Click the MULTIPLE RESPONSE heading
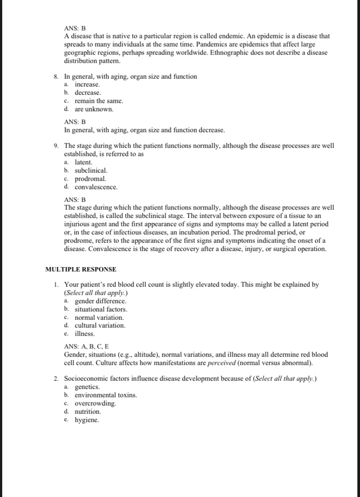pos(80,269)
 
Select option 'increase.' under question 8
pos(87,84)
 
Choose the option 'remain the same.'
pos(96,101)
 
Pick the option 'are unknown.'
pos(94,109)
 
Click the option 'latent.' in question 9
pos(83,162)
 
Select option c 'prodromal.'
pos(90,179)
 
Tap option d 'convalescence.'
pos(96,187)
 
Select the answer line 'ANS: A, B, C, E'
pos(87,347)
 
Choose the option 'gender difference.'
pos(101,301)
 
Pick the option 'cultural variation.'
pos(100,326)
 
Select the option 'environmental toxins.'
pos(106,395)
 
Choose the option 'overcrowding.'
pos(96,403)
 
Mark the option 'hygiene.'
pos(87,420)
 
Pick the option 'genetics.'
pos(87,387)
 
